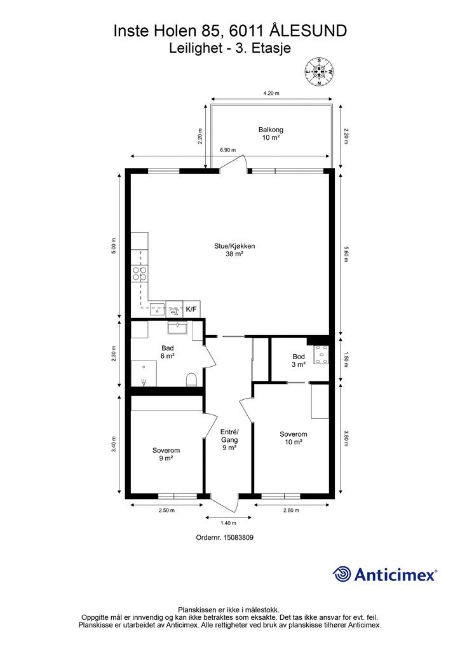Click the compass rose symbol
(x=319, y=72)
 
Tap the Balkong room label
(x=271, y=134)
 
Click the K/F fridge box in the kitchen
(x=191, y=310)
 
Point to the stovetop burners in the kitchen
(x=139, y=273)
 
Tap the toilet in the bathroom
(x=191, y=380)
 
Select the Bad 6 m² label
(x=167, y=352)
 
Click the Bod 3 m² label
(x=299, y=360)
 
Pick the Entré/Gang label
(x=229, y=440)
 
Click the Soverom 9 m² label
(x=166, y=454)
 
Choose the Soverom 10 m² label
(x=294, y=439)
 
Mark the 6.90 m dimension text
(x=227, y=150)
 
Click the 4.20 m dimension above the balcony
(x=271, y=93)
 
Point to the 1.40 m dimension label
(x=228, y=523)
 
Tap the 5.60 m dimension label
(x=346, y=254)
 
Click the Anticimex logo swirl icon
(x=341, y=574)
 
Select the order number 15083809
(x=238, y=537)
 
